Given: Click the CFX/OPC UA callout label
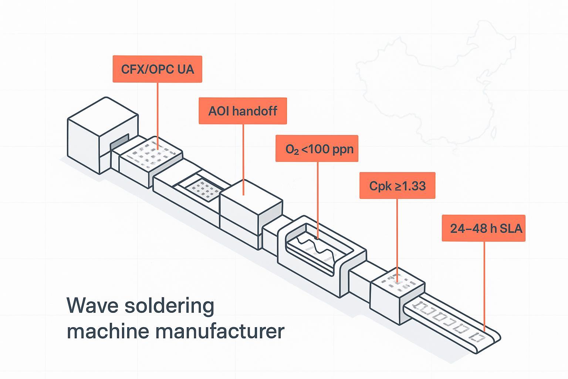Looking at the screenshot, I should (x=157, y=69).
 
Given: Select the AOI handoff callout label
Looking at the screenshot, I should (x=243, y=111).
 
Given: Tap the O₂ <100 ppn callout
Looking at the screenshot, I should (x=317, y=149).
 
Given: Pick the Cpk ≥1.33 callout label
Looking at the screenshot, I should (x=397, y=186).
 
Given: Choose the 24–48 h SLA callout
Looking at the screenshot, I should (x=483, y=228).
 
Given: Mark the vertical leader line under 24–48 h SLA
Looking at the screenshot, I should (x=484, y=285).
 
